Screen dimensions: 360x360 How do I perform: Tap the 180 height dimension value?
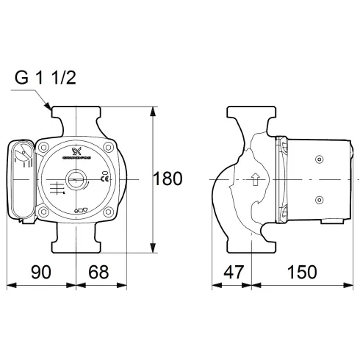point(167,179)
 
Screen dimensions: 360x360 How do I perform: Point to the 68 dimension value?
point(98,271)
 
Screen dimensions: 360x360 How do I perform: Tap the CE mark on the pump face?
point(104,178)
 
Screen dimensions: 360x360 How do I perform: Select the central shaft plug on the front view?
point(76,179)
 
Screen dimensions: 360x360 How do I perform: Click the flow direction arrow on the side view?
point(255,179)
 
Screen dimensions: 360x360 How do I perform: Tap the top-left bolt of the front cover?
point(44,147)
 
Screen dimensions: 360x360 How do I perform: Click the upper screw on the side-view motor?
point(319,159)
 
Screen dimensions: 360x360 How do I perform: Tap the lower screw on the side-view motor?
point(319,198)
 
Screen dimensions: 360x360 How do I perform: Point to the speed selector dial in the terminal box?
point(23,155)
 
